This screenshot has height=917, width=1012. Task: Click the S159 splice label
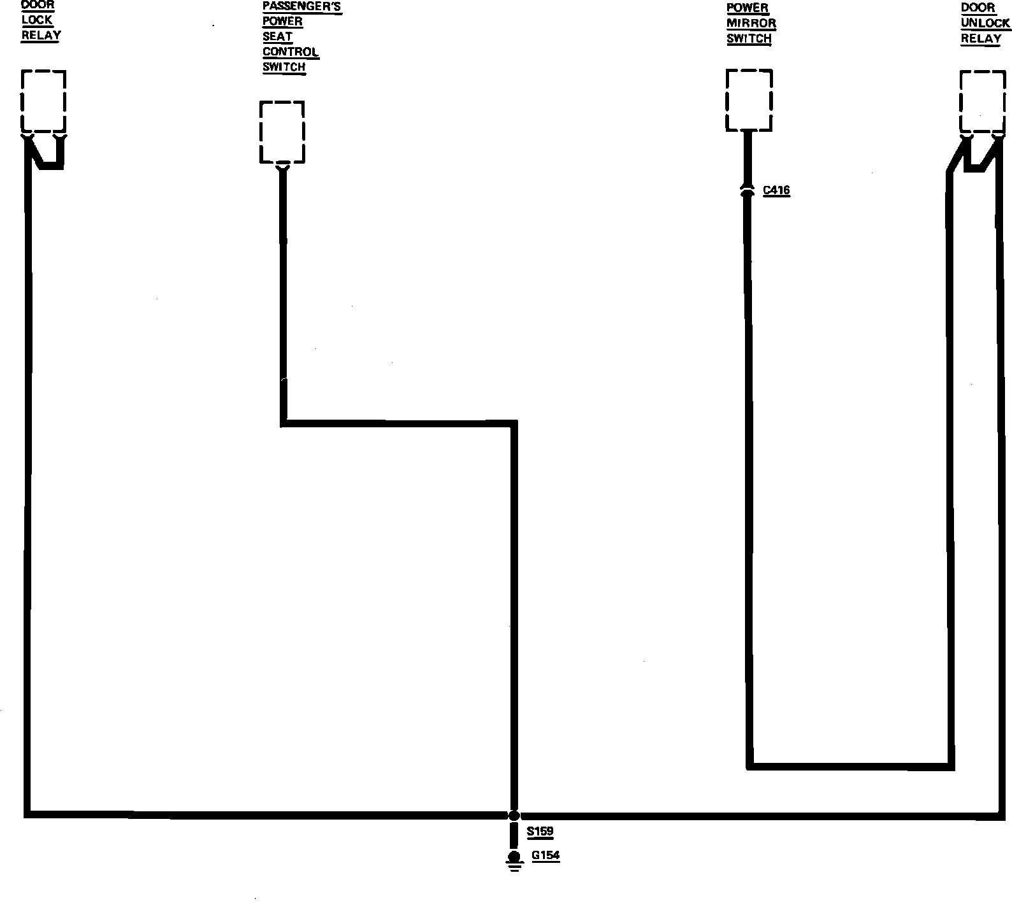coord(540,832)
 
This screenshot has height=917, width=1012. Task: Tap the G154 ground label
coord(546,855)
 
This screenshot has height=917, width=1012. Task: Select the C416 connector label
coord(776,190)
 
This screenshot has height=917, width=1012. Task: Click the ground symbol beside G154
coord(514,860)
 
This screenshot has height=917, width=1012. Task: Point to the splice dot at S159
coord(514,815)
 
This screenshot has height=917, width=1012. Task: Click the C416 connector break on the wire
coord(748,189)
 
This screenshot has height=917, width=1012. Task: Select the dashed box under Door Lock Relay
coord(43,101)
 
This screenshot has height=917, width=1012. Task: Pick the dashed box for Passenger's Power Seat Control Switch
coord(282,132)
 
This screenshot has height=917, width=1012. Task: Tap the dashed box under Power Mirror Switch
coord(749,100)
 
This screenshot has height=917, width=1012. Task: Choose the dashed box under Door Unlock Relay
coord(983,102)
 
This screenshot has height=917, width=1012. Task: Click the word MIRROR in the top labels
coord(751,24)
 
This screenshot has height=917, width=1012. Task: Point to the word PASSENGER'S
coord(302,7)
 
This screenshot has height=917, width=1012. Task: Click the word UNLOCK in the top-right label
coord(985,24)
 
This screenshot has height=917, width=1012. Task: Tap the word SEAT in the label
coord(277,37)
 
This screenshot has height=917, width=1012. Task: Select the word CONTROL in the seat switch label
coord(291,52)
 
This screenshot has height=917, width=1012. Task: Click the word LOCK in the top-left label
coord(37,20)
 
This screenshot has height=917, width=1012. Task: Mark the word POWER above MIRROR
coord(748,8)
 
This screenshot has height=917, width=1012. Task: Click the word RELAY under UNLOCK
coord(981,39)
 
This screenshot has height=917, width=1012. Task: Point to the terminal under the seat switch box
coord(282,167)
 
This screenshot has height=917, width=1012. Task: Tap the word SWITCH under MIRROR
coord(749,39)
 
